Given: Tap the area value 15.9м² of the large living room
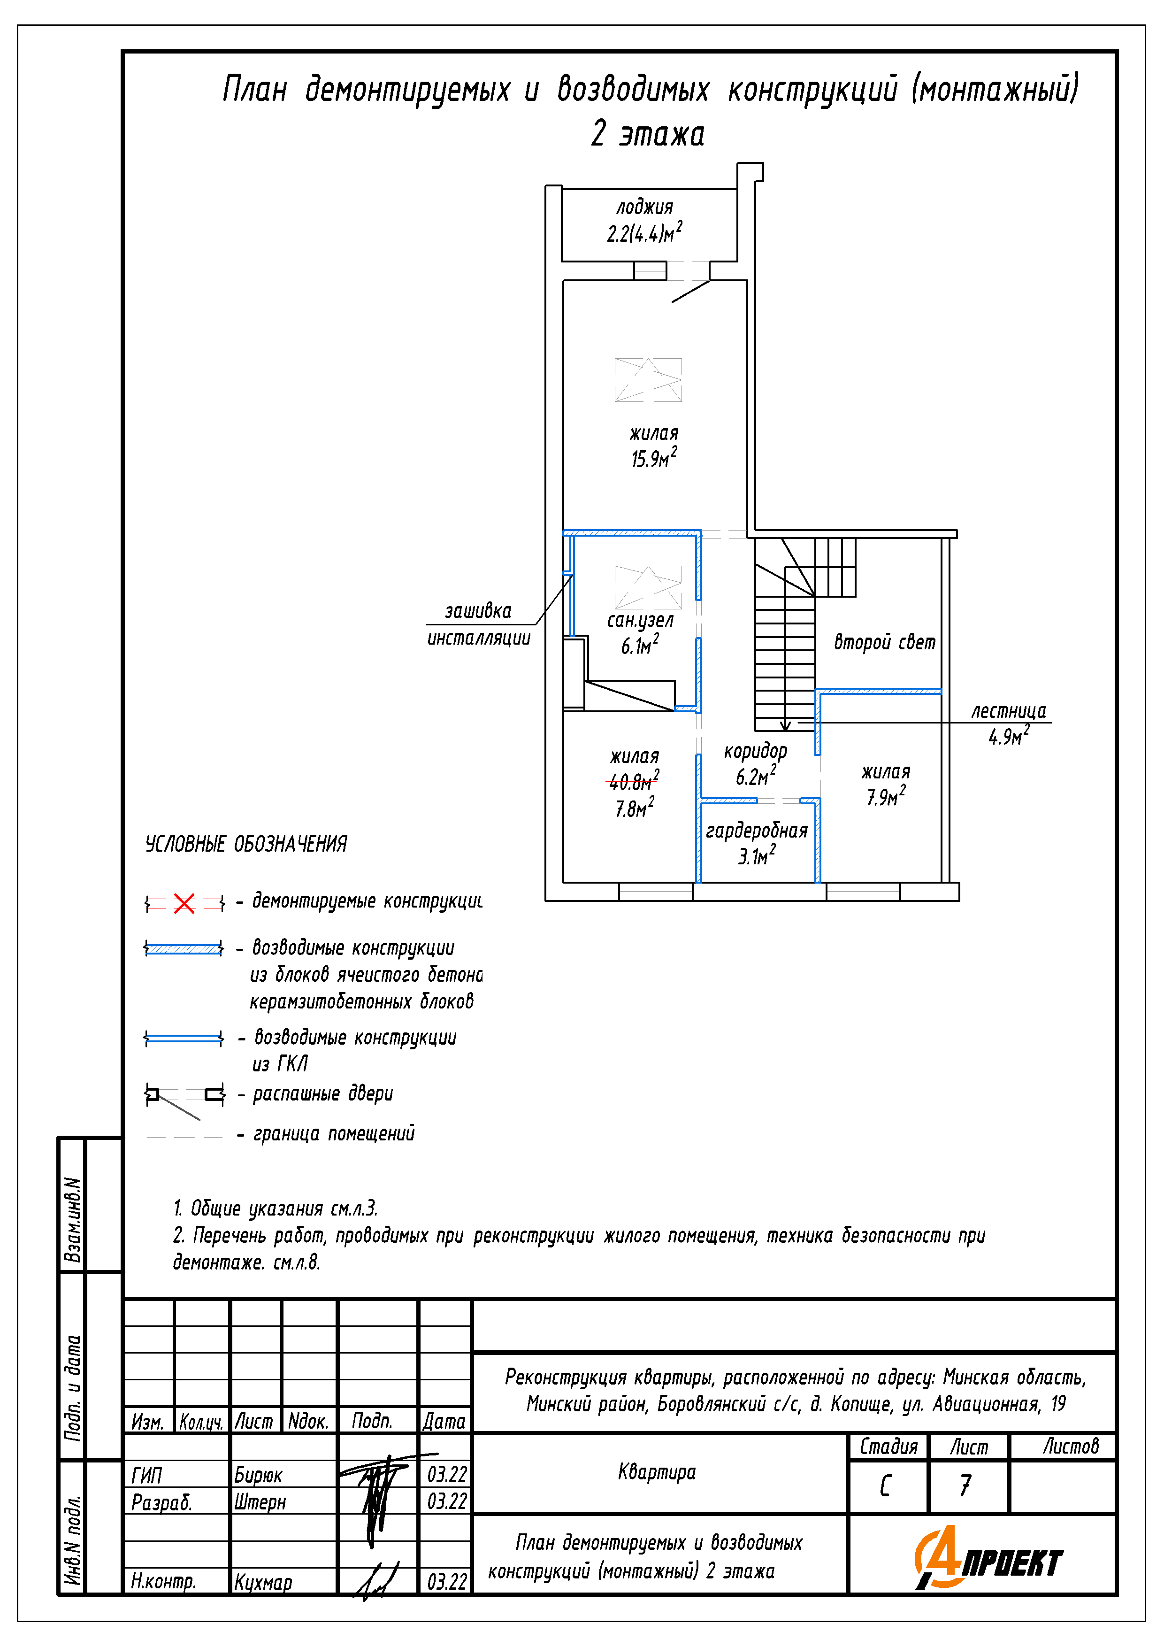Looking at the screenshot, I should click(x=653, y=458).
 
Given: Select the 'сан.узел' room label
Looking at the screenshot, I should click(x=640, y=620).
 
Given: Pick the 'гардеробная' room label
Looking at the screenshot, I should click(x=757, y=831).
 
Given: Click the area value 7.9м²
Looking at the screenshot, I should click(x=886, y=796).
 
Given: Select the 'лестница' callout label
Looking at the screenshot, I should click(x=1008, y=711).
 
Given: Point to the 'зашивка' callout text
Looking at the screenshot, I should click(x=478, y=611).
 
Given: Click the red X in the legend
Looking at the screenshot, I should click(x=184, y=903).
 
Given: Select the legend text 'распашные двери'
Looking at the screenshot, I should click(x=323, y=1093).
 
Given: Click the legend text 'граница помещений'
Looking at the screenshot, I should click(x=334, y=1133).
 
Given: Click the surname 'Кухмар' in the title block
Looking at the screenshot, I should click(x=263, y=1582).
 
